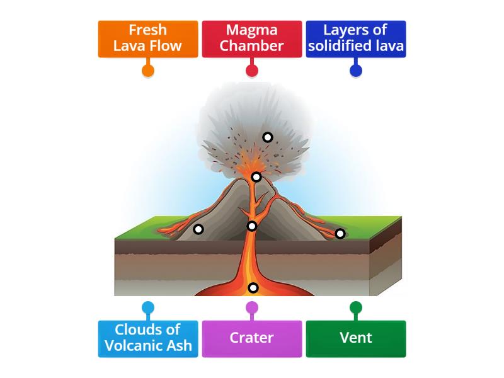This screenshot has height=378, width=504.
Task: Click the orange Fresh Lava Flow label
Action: (x=147, y=38)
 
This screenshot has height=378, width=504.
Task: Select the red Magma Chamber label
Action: (x=251, y=38)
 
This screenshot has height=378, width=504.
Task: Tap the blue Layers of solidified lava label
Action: (x=355, y=38)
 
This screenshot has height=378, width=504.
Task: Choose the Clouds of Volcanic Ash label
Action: (x=147, y=338)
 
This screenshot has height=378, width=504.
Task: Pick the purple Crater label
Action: (x=251, y=338)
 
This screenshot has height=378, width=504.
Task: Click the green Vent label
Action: (x=355, y=338)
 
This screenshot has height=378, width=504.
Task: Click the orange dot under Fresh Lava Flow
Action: (x=147, y=70)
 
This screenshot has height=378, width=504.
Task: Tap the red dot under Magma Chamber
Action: (x=251, y=70)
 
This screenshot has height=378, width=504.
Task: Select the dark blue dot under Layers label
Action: (x=355, y=70)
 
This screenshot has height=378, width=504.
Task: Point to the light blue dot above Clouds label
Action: (x=147, y=307)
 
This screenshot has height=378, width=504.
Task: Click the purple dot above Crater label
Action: (x=251, y=307)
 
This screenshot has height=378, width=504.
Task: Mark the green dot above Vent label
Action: (x=355, y=307)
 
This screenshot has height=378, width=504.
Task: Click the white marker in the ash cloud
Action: (x=268, y=137)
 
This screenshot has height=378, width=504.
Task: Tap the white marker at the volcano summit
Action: (x=256, y=177)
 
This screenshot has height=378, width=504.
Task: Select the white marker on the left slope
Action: (x=198, y=229)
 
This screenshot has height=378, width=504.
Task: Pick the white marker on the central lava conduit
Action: (x=252, y=226)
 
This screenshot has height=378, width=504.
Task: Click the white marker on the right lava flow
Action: (x=340, y=234)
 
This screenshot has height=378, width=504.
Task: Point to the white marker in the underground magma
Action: (x=253, y=288)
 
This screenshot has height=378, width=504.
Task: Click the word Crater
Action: (x=251, y=338)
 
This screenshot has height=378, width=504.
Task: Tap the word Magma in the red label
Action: (x=251, y=30)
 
